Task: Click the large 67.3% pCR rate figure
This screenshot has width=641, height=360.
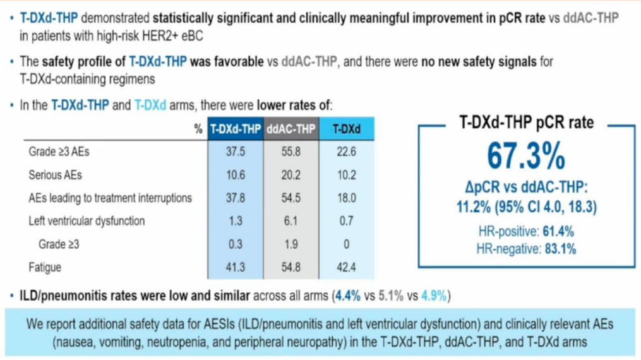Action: [525, 155]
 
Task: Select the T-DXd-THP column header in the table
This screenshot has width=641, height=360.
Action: [236, 129]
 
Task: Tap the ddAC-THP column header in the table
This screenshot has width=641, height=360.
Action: [291, 129]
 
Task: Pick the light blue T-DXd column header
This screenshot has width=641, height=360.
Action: [346, 129]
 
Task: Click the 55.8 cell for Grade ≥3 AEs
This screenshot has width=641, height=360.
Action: [291, 152]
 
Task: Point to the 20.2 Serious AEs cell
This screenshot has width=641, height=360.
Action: [291, 175]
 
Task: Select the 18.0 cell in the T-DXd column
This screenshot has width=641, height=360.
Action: [346, 198]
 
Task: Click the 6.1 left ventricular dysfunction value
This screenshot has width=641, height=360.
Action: [291, 221]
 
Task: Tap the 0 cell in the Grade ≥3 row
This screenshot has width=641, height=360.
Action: [346, 244]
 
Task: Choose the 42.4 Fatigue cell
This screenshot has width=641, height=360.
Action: [346, 267]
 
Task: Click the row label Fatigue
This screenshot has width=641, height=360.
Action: [45, 267]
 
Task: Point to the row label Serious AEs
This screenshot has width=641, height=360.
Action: [55, 175]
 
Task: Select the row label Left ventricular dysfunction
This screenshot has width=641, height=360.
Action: [87, 221]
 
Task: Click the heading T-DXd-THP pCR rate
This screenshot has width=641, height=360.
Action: [525, 123]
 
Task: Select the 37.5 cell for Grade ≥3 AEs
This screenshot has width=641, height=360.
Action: [236, 152]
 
